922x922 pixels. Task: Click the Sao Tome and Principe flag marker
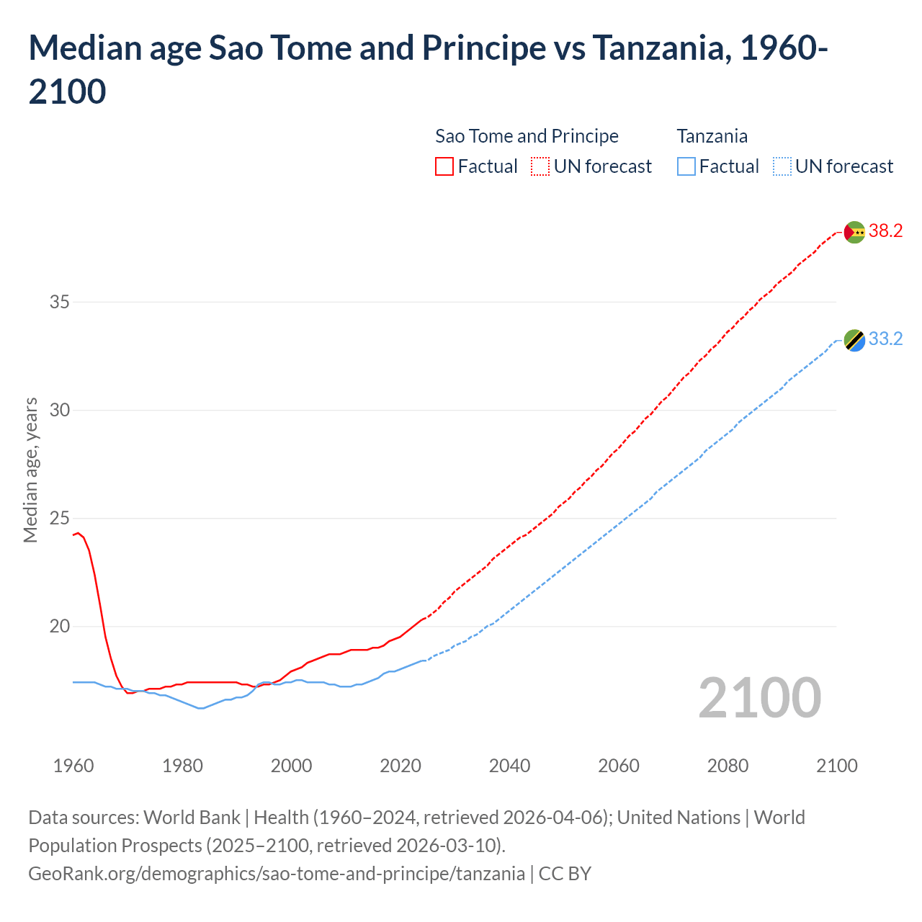point(854,232)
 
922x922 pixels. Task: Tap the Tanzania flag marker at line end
point(854,340)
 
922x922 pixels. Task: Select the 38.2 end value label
point(885,231)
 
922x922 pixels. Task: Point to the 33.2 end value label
point(885,339)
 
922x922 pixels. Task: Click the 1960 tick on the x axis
point(73,766)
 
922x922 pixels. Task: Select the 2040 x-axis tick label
point(509,766)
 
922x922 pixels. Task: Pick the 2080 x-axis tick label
point(728,766)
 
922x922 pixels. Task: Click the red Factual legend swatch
point(444,167)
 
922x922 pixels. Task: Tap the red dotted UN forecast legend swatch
point(540,167)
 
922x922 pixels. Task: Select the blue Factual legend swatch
point(686,167)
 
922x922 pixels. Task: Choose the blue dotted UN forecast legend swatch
point(782,167)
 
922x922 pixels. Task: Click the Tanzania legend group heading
point(712,136)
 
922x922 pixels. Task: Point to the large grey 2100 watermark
point(759,698)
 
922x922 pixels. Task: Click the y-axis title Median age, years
point(30,470)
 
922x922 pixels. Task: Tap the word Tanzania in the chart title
point(658,48)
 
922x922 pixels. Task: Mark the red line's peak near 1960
point(78,533)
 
